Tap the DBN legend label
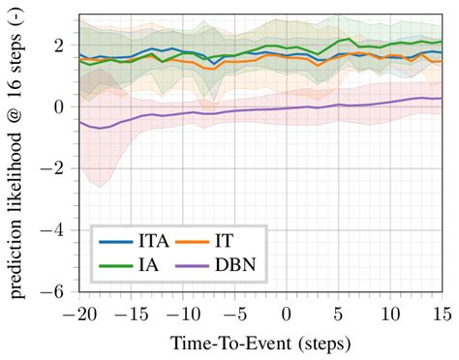(x=246, y=263)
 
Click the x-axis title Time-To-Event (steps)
(x=260, y=344)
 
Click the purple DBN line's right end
(x=442, y=98)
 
